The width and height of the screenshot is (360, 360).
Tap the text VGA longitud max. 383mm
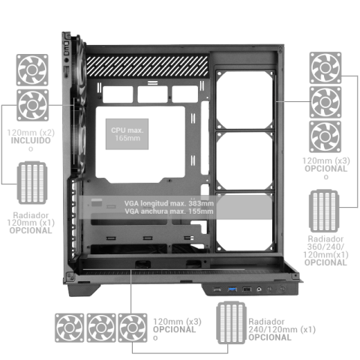tap(169, 204)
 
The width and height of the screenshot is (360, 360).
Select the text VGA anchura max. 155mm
tap(169, 212)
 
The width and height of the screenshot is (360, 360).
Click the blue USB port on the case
tap(232, 289)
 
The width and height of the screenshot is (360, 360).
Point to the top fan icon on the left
tap(33, 68)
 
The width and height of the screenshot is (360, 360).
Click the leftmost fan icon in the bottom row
tap(70, 328)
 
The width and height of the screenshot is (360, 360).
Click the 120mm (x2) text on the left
tap(31, 132)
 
